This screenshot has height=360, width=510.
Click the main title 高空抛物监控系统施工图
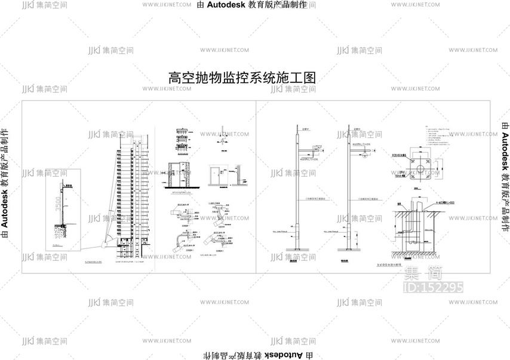pyautogui.click(x=242, y=78)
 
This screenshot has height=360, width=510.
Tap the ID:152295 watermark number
pyautogui.click(x=434, y=287)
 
